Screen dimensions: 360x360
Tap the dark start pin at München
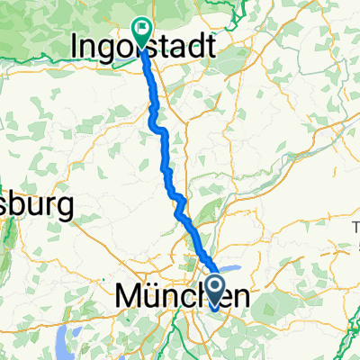[x=216, y=290]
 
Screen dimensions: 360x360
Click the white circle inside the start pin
[x=216, y=286]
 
